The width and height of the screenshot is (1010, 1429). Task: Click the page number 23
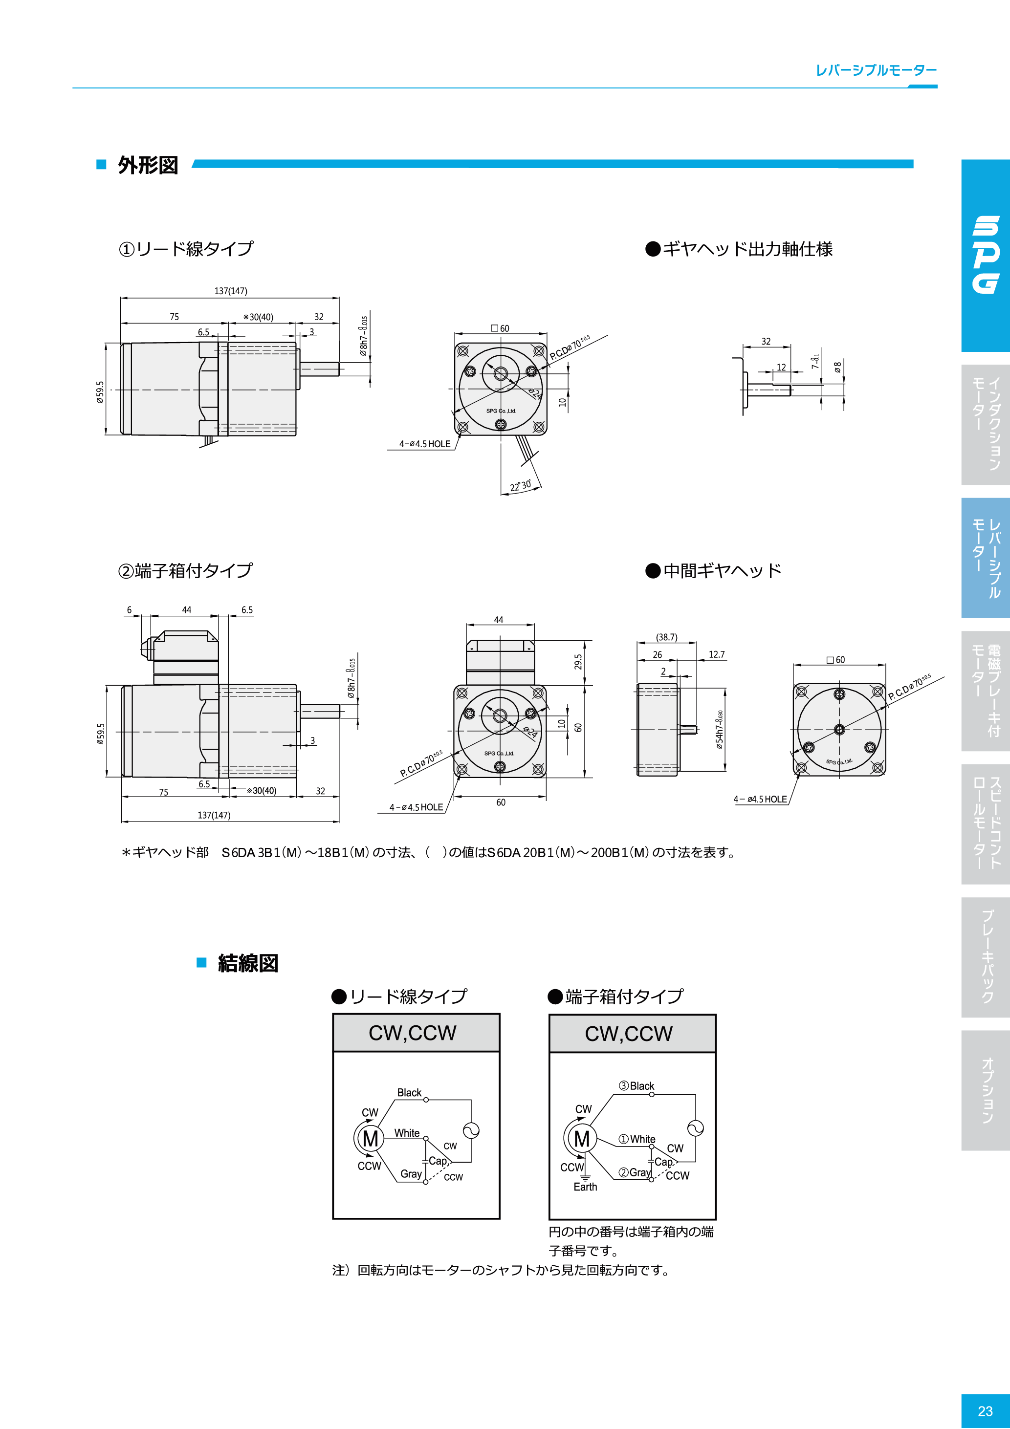[x=985, y=1411]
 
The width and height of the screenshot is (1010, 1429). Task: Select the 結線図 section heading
[x=248, y=963]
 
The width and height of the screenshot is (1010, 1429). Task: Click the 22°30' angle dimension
[x=521, y=485]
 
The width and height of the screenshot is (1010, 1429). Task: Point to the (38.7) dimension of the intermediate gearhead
[x=666, y=637]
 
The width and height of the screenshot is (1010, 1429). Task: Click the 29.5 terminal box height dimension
[x=578, y=662]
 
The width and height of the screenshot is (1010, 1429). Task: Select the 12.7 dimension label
[x=716, y=655]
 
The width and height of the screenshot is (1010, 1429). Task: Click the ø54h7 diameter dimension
[x=719, y=730]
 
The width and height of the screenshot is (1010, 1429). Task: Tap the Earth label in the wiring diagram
[x=585, y=1187]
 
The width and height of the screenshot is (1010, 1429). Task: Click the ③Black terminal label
[x=637, y=1086]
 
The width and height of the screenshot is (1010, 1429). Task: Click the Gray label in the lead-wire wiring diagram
[x=411, y=1174]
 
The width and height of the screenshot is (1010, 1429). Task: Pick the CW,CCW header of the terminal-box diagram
[x=628, y=1034]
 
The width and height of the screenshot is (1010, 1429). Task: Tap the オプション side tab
[x=987, y=1090]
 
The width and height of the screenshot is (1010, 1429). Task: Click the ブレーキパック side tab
[x=987, y=956]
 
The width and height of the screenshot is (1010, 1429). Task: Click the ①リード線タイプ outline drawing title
[x=186, y=249]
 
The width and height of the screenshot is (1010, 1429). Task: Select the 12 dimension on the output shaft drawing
[x=781, y=367]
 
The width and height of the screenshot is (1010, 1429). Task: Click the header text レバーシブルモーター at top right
[x=876, y=70]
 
